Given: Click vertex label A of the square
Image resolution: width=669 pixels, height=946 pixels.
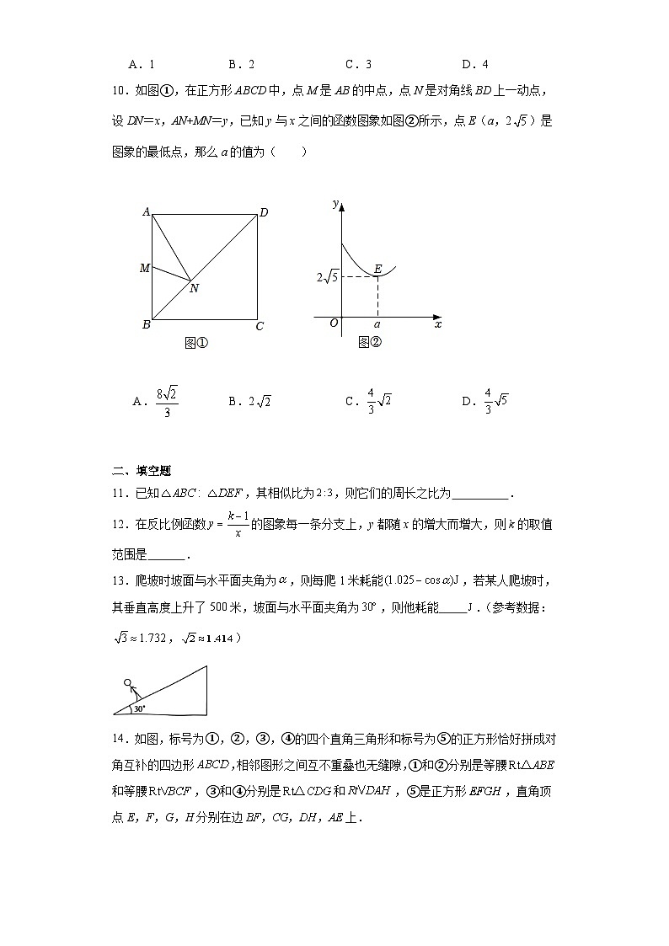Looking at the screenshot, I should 146,212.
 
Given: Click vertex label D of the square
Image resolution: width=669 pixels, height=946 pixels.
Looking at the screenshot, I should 264,213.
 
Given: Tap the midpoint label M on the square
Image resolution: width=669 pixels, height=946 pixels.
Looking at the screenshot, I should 144,268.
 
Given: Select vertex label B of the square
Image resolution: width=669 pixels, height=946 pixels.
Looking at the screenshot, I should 146,325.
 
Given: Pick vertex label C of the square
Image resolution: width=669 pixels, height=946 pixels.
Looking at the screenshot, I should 260,327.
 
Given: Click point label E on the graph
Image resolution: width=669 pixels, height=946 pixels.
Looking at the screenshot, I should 377,269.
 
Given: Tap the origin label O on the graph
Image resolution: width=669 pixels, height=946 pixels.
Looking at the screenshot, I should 334,323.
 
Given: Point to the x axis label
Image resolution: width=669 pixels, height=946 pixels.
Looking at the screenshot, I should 437,323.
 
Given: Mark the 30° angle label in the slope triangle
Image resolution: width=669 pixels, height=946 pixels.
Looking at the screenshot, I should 139,708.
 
